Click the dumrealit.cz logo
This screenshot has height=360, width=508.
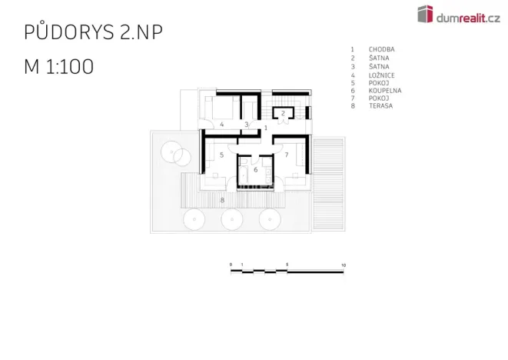tap(459, 15)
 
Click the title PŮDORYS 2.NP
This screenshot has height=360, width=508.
tap(93, 32)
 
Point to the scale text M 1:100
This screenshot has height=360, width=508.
tap(59, 66)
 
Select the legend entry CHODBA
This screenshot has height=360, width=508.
tap(381, 49)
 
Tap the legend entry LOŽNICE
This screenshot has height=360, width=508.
tap(381, 75)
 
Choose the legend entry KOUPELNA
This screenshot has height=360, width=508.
tap(385, 91)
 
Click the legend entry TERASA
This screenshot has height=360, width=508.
tap(380, 105)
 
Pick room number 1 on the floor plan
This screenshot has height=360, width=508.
tap(266, 128)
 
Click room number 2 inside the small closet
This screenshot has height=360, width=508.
tap(283, 113)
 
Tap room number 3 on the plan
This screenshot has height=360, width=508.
tap(247, 125)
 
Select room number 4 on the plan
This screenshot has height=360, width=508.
tap(221, 124)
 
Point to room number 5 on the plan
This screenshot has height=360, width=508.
tap(221, 155)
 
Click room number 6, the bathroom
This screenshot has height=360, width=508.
tap(256, 170)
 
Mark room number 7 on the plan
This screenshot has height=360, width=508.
tap(287, 155)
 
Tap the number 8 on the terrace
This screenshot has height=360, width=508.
tap(222, 200)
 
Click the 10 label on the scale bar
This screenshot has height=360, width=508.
tap(344, 265)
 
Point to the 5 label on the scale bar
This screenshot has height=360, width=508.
tap(287, 265)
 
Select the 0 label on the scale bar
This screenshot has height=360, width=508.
tap(231, 265)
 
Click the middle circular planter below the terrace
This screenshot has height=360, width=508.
tap(232, 219)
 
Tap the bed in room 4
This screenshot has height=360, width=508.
tap(222, 108)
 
